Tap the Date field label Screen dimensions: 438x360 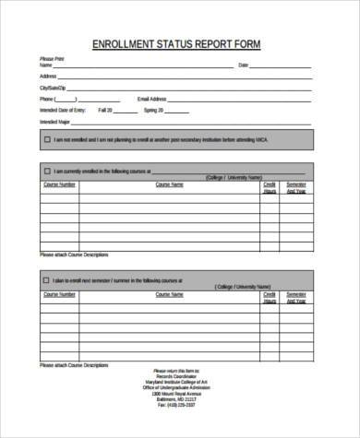(244, 65)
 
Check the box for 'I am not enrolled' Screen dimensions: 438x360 (47, 139)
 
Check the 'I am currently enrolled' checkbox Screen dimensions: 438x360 (47, 172)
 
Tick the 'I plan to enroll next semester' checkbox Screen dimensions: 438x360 (47, 279)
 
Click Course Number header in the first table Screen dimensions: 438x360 (59, 184)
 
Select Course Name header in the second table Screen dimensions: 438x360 (170, 293)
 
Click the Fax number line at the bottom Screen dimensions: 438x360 (179, 405)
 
